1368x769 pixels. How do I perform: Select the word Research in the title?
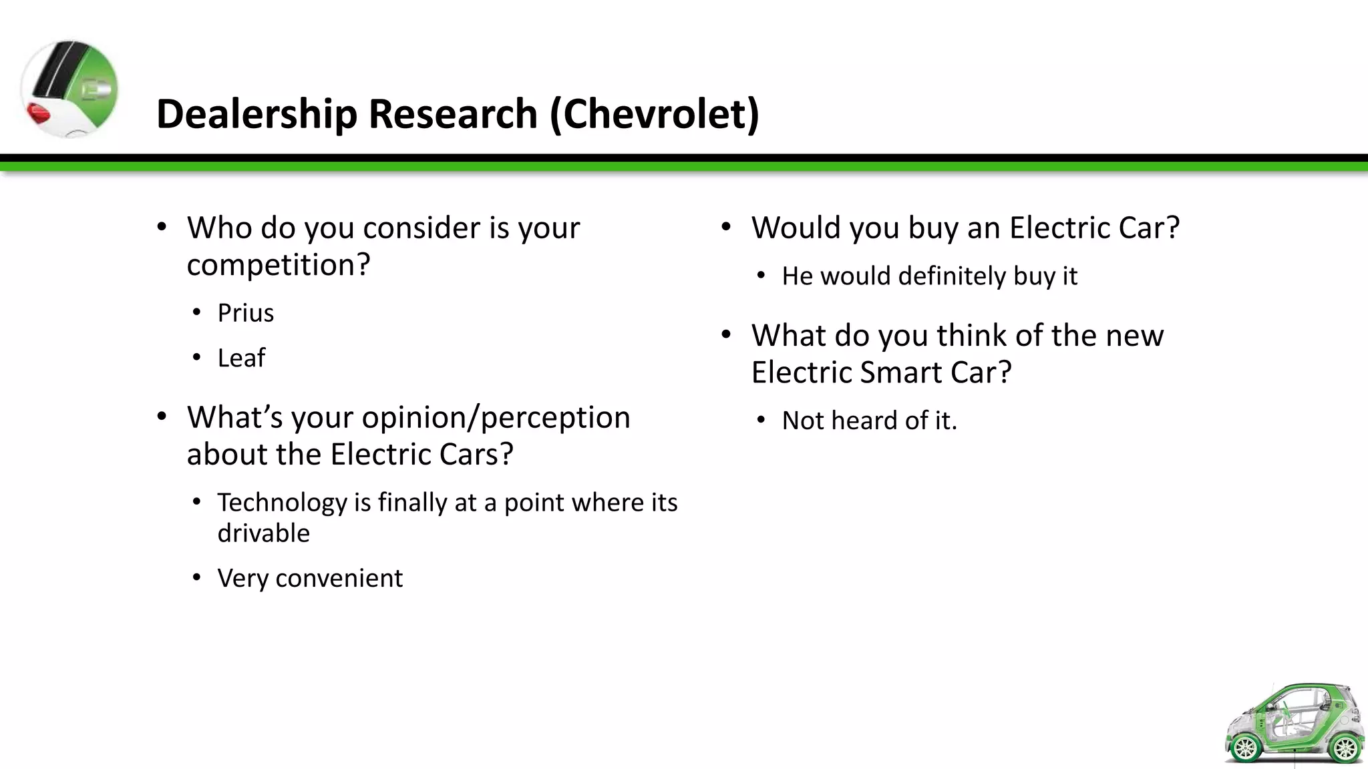click(x=453, y=114)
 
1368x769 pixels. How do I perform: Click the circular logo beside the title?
click(x=69, y=89)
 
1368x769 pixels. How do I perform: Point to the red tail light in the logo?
click(x=39, y=113)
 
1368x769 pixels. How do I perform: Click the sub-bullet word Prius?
click(x=245, y=313)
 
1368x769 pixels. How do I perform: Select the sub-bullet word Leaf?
click(x=241, y=358)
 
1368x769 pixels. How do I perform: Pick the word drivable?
click(x=263, y=533)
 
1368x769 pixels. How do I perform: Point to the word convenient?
click(x=339, y=578)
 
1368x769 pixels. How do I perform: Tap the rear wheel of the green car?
click(x=1245, y=748)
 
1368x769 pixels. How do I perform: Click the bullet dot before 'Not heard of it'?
click(x=761, y=421)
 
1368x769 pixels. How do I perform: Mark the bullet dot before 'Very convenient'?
click(x=196, y=577)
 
